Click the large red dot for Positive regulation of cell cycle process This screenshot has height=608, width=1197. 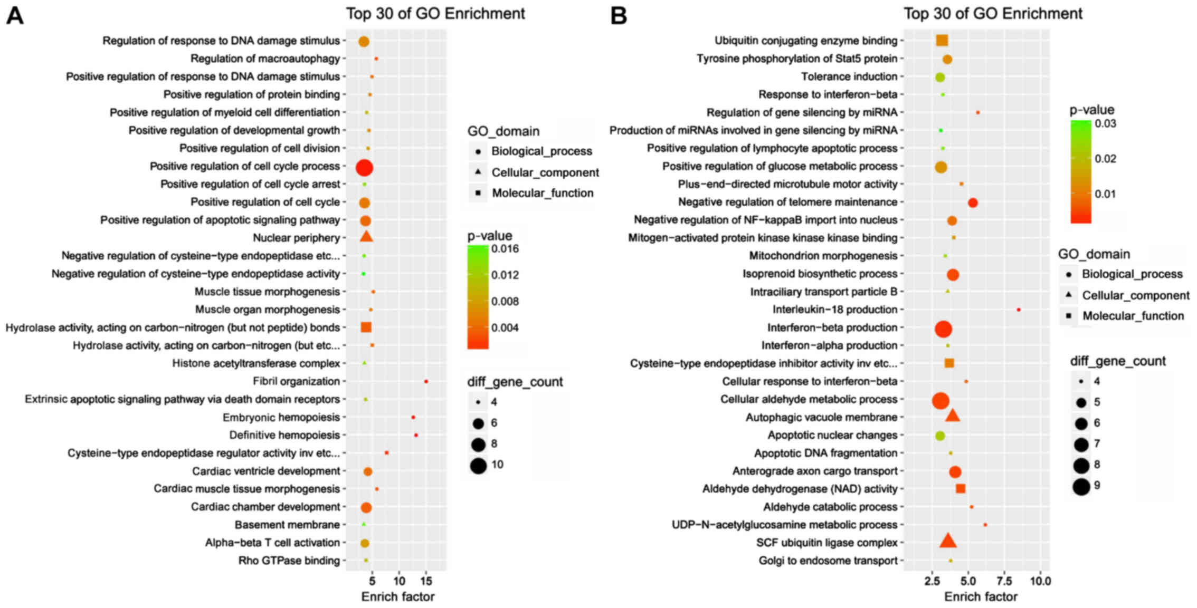pos(364,168)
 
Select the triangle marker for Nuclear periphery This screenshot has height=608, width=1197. pos(366,237)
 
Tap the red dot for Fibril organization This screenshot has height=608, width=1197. pos(426,381)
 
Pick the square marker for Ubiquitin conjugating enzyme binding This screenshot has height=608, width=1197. pos(942,41)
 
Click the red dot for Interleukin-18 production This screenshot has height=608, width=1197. pos(1018,310)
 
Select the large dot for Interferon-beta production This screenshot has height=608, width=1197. pos(943,329)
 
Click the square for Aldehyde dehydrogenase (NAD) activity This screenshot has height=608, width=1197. pos(961,489)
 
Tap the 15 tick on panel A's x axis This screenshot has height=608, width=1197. pos(426,581)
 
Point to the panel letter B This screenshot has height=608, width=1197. pos(619,16)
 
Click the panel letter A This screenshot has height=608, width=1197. pos(15,16)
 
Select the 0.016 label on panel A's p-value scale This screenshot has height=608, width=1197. pos(505,248)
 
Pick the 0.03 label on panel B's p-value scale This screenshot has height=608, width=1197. pos(1106,123)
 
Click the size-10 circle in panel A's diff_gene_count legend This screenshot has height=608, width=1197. pos(479,465)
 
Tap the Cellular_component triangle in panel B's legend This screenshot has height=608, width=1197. pos(1068,295)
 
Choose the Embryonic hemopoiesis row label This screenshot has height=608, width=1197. pos(281,417)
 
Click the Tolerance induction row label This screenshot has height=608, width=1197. pos(849,76)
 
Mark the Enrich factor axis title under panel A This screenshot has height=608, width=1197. pos(397,596)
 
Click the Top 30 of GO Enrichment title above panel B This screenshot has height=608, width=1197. pos(993,14)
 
